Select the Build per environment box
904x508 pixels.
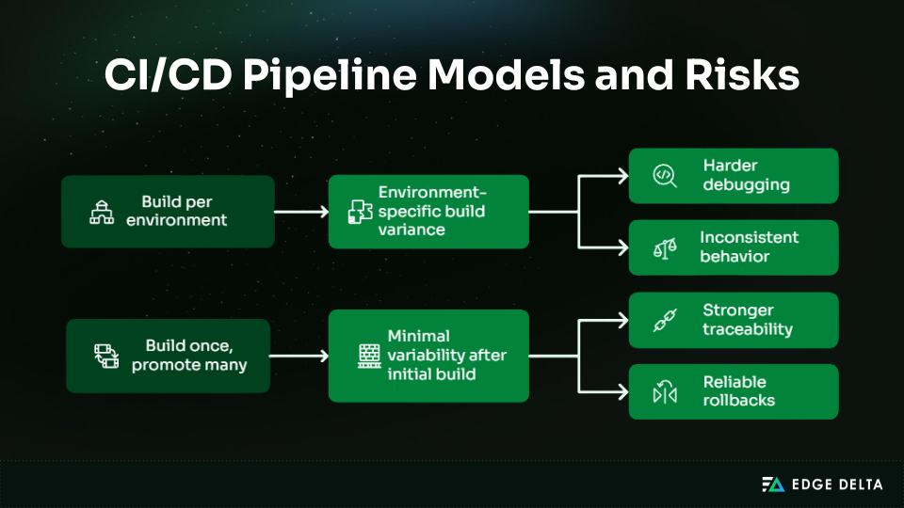point(168,212)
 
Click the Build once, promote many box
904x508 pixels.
point(168,356)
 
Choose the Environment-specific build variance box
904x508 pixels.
point(428,212)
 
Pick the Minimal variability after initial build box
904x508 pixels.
point(428,355)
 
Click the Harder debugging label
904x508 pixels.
point(743,175)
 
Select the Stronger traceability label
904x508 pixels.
point(747,320)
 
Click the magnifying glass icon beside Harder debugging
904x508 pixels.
point(665,176)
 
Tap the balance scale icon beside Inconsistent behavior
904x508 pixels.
point(665,248)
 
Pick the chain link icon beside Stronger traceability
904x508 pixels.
point(665,321)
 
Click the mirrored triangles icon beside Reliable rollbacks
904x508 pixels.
point(665,392)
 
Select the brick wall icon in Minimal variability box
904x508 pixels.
point(368,355)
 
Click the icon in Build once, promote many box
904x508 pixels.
point(105,356)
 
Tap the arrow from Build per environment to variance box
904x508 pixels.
point(300,212)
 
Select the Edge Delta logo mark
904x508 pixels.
point(772,484)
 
